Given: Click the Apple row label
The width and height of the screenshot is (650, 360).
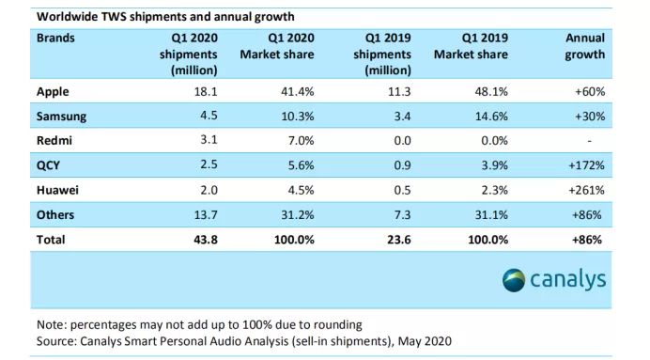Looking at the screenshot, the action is click(53, 92).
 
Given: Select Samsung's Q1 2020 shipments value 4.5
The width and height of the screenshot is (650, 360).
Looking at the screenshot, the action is click(209, 116).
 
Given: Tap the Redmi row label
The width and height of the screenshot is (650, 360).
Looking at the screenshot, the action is click(54, 141).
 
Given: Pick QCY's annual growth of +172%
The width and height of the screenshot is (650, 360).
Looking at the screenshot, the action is click(586, 165).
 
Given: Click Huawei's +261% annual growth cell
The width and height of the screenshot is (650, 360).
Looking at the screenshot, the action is click(586, 191).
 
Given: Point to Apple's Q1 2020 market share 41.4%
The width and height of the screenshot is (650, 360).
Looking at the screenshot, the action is click(297, 92).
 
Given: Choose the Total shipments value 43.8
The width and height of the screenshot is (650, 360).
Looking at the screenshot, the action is click(206, 240).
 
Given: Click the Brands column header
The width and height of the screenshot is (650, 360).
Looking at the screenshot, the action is click(55, 39).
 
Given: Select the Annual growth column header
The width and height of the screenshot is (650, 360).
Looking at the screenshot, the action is click(585, 46).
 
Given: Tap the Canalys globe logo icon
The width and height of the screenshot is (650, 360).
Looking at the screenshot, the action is click(514, 280).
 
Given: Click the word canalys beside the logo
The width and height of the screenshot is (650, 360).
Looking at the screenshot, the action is click(568, 280).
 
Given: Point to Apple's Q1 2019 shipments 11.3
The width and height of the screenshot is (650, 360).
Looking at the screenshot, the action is click(399, 92).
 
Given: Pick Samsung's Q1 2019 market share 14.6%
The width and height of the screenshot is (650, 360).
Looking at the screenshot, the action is click(491, 117).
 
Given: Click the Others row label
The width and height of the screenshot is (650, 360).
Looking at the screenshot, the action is click(55, 215).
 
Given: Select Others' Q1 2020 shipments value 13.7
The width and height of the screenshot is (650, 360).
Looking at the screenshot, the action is click(206, 215).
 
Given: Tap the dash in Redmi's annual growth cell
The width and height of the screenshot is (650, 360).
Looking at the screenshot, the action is click(589, 141).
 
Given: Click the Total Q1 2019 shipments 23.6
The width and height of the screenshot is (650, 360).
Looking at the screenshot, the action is click(399, 240).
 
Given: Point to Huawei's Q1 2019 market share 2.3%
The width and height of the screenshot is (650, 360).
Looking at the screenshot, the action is click(495, 191).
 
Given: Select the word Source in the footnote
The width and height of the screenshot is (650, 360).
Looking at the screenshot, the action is click(56, 341).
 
